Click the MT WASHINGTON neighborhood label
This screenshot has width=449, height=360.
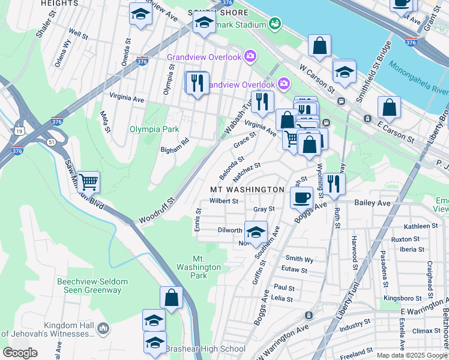[247, 189]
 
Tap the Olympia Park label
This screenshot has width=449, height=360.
[154, 129]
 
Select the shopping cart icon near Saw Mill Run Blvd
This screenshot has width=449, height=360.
[88, 181]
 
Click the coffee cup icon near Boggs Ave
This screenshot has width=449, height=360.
[302, 197]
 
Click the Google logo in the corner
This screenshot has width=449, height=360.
[20, 353]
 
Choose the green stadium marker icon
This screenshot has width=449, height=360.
[275, 24]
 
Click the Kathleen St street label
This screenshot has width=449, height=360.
[421, 226]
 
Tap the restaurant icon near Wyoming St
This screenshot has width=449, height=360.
[334, 184]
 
